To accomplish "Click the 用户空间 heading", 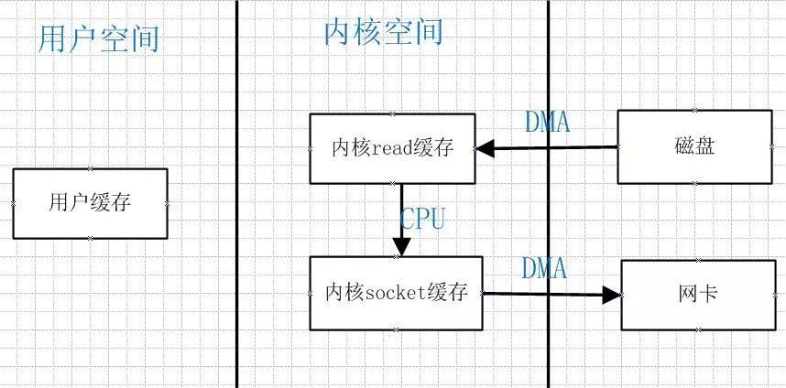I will [x=99, y=38].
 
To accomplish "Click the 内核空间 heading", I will [x=383, y=32].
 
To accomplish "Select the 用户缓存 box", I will [x=90, y=203].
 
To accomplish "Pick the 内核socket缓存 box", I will [x=396, y=294].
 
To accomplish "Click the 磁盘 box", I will [x=693, y=147].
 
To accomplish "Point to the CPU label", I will [x=422, y=219].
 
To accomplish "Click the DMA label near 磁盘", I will [x=547, y=122].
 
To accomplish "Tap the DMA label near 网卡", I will [x=544, y=268].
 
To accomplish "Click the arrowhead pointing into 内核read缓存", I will [x=485, y=148].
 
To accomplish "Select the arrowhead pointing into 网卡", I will [x=612, y=295].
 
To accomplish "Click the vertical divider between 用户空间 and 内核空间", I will [x=236, y=194].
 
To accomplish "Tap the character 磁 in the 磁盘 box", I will [x=682, y=147].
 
